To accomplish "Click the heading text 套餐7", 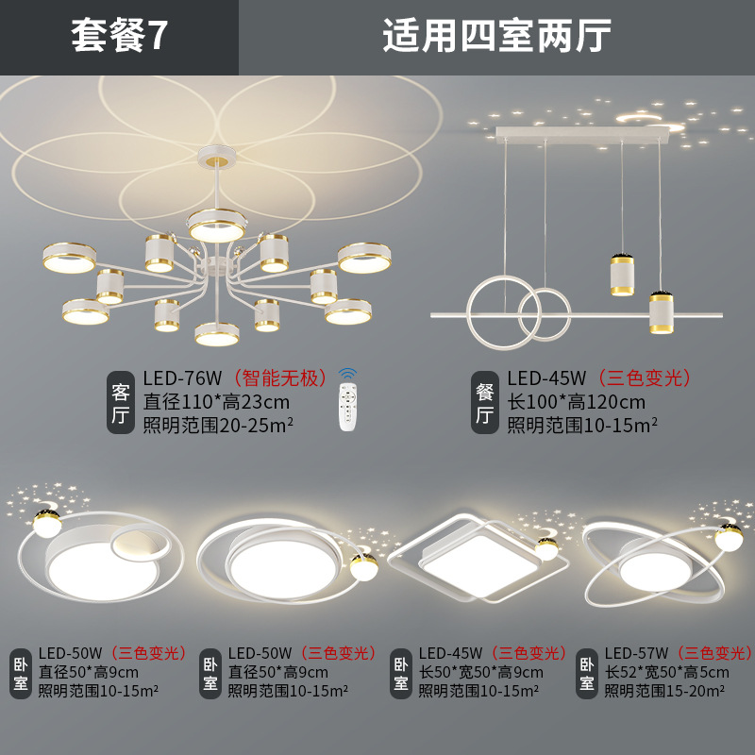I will click(119, 37).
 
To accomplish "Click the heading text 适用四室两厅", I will click(496, 37).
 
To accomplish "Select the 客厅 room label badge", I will click(121, 402).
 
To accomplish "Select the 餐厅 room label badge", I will click(484, 402).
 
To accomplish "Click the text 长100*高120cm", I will click(576, 402).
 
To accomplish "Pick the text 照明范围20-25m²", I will click(218, 425).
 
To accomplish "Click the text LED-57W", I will click(636, 652).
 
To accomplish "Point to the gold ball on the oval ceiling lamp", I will click(728, 538).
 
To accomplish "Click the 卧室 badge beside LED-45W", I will click(402, 672).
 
